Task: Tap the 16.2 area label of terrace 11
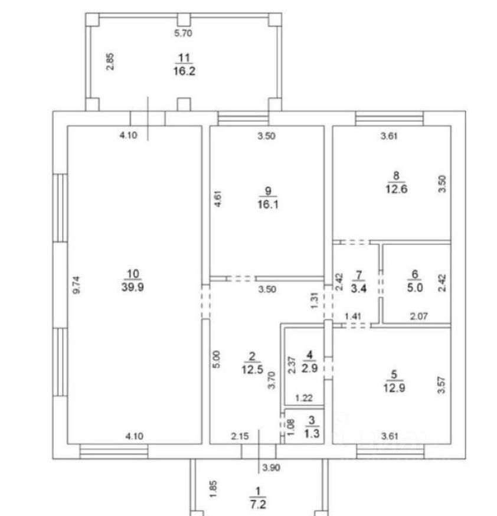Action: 184,71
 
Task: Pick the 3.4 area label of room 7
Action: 358,288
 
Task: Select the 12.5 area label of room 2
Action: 252,369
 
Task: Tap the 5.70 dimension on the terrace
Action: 184,34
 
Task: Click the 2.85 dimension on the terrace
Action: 110,62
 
